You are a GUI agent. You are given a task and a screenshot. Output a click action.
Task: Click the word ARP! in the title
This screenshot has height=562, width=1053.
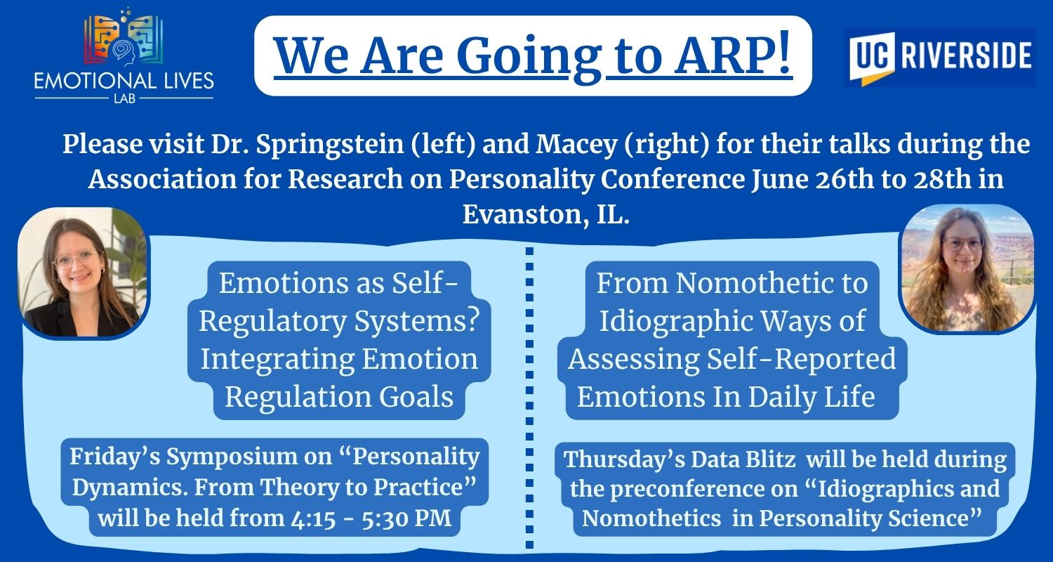click(732, 55)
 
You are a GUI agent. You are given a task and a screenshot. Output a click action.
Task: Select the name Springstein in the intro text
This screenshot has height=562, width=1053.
click(329, 144)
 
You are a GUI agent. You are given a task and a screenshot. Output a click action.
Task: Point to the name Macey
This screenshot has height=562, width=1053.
click(576, 145)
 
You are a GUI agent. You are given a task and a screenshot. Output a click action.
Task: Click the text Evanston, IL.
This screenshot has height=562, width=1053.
click(545, 214)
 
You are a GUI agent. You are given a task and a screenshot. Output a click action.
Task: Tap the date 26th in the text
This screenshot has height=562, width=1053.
click(845, 179)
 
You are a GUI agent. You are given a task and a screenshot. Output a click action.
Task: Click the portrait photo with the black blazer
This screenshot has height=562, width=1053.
click(84, 272)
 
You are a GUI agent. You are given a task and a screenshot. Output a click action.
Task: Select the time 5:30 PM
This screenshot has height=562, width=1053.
click(406, 518)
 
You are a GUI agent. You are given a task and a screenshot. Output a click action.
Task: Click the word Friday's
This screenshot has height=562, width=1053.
click(115, 457)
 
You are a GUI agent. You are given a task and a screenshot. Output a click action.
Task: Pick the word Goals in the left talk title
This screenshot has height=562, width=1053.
click(416, 397)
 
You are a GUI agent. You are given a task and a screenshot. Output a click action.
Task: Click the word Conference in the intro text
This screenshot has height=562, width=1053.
click(673, 179)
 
